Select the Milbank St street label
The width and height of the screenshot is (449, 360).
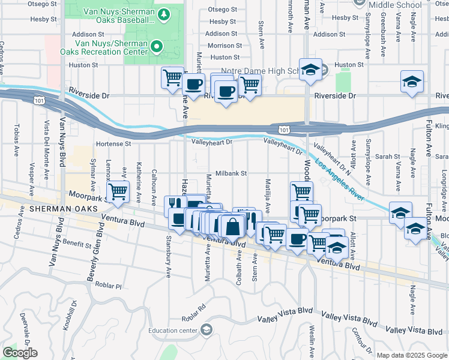(x=231, y=173)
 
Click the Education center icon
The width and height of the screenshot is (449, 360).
(x=206, y=329)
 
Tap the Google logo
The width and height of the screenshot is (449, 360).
(x=20, y=352)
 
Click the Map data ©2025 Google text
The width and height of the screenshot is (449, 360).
(x=411, y=355)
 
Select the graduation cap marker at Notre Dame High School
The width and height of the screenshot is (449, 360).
(x=310, y=71)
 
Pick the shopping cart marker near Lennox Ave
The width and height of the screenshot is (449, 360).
(x=119, y=192)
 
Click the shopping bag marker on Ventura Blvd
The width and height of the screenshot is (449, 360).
(x=232, y=227)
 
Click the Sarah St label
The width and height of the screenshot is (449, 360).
(x=388, y=156)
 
